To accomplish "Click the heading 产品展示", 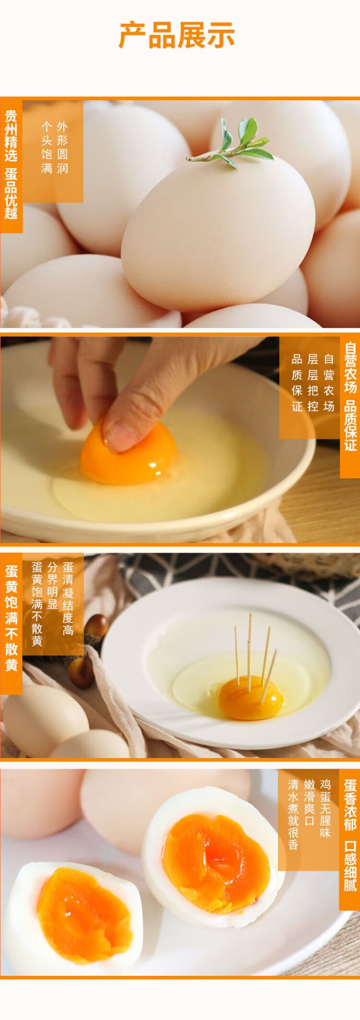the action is click(177, 35).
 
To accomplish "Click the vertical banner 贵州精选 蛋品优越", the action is click(11, 165).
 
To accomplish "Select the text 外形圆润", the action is click(62, 147).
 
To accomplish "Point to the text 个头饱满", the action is click(47, 147).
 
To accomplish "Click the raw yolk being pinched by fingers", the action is click(129, 453).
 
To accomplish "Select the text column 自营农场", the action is click(329, 382).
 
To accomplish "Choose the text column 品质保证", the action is click(297, 382).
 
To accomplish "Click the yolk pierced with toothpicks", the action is click(251, 698).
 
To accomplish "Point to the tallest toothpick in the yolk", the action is click(250, 652).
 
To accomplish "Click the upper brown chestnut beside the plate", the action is click(96, 626).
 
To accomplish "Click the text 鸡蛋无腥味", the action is click(325, 808).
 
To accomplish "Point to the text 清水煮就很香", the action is click(293, 814).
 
